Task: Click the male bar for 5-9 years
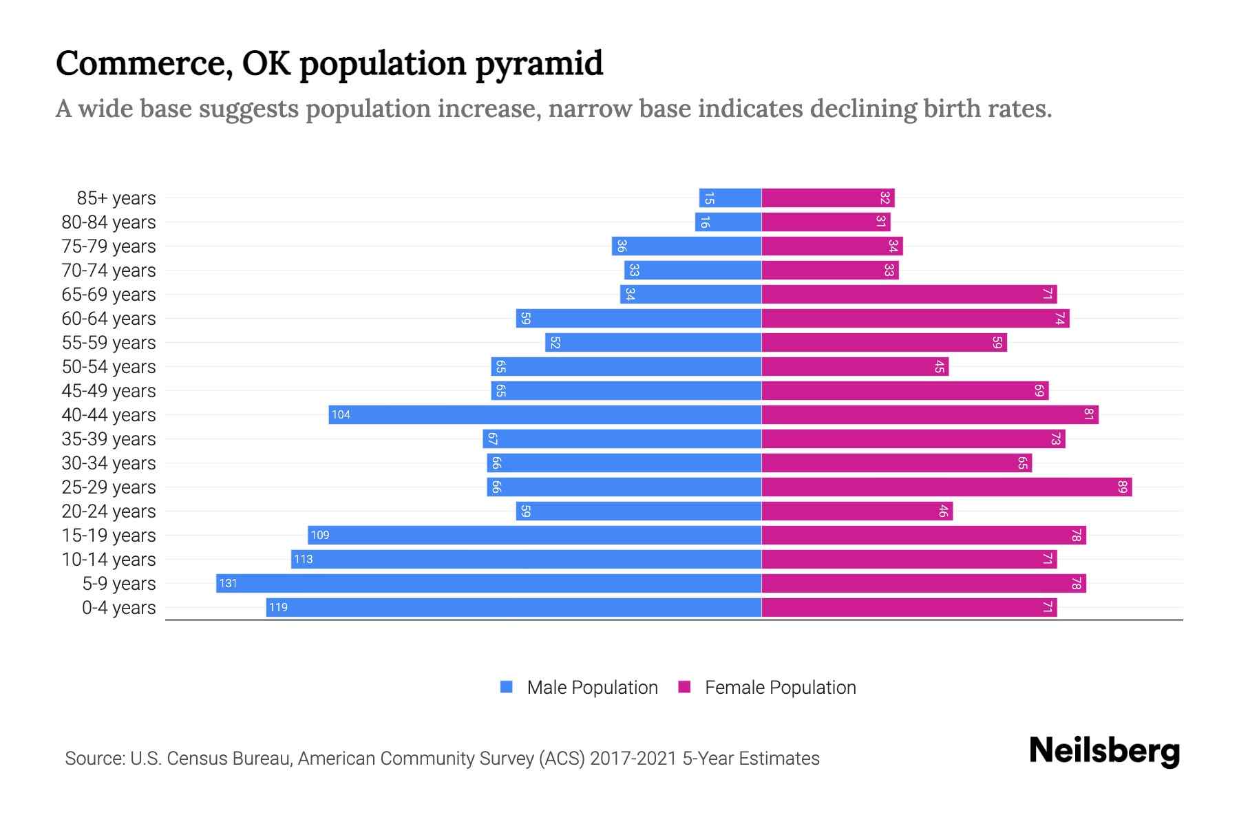[489, 583]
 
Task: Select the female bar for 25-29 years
[946, 487]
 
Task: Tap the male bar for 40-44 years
[545, 414]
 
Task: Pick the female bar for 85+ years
[828, 198]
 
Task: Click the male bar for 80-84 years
[728, 222]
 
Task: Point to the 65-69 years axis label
[109, 295]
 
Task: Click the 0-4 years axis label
[118, 608]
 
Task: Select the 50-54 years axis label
[109, 367]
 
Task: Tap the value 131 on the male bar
[228, 584]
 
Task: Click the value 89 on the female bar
[1122, 487]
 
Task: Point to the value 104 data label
[341, 414]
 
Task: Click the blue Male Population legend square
[507, 687]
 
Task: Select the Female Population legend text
[780, 688]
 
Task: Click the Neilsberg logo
[1104, 751]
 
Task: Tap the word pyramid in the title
[539, 63]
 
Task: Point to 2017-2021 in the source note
[633, 759]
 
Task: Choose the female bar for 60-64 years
[915, 319]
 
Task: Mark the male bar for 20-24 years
[639, 511]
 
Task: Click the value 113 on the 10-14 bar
[303, 560]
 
